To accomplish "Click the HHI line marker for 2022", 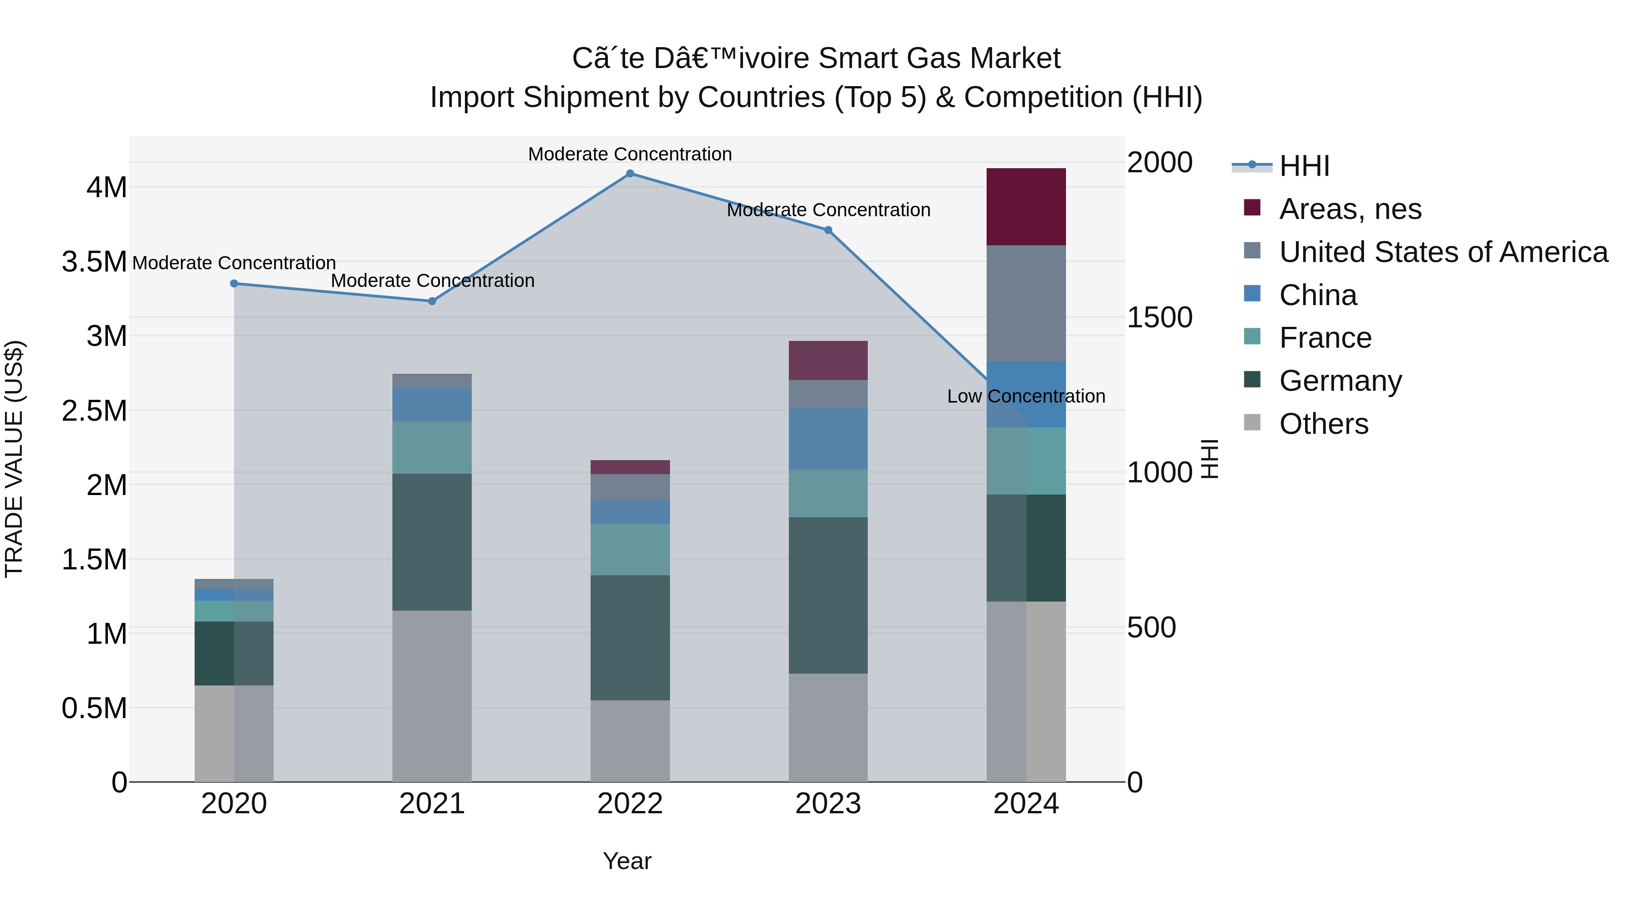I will point(630,173).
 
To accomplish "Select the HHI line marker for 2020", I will point(234,283).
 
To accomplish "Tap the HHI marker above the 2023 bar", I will point(828,230).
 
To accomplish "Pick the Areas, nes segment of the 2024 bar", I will point(1026,207).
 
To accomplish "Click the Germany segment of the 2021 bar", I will point(432,542).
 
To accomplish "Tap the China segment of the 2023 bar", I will point(828,438).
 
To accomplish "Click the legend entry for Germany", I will point(1340,381).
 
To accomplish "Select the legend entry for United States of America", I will point(1443,252).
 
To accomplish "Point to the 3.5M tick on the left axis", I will point(94,262).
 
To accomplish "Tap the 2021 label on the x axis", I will point(432,804).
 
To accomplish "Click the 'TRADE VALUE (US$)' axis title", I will point(14,459).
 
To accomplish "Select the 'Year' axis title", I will point(627,861).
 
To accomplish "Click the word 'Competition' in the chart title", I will point(1043,97).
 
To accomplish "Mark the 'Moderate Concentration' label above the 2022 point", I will point(630,154).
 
